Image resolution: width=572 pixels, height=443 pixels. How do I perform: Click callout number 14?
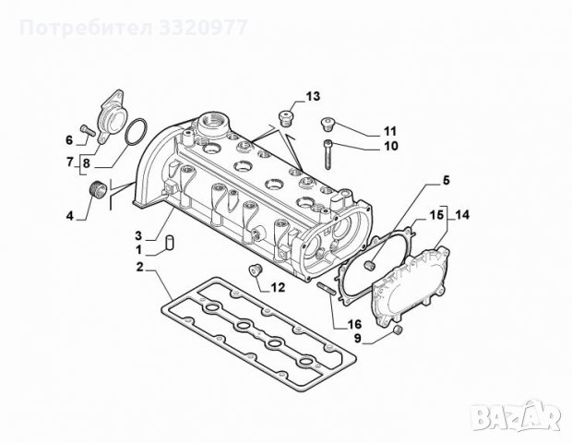[461, 214]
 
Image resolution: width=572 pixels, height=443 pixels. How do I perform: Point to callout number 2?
[139, 267]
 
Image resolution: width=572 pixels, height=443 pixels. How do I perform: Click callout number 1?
[139, 250]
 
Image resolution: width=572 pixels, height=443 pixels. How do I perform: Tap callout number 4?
[70, 217]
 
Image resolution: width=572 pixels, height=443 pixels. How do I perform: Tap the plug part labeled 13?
[286, 117]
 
